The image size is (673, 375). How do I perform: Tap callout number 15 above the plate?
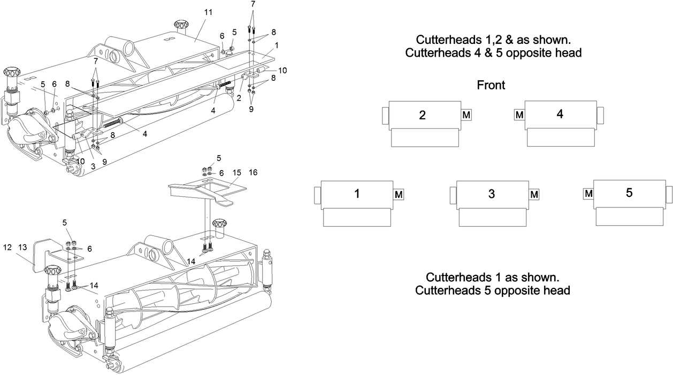coord(237,173)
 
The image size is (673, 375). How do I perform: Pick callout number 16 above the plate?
coord(253,173)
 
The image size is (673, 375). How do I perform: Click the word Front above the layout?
coord(491,85)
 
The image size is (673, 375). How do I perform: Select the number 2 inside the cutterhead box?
coord(422,115)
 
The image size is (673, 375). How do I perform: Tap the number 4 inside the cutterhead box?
coord(560,114)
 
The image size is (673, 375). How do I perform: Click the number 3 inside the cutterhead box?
coord(491,194)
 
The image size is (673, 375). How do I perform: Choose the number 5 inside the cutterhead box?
coord(629,193)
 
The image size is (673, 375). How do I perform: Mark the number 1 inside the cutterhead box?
coord(356,194)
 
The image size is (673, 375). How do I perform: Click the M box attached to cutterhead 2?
coord(466,115)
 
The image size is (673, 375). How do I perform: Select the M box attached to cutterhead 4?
coord(518,114)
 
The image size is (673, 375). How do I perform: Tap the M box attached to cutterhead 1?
coord(399,195)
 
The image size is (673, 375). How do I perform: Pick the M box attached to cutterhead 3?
coord(534,195)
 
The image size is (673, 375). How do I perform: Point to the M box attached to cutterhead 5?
coord(588,194)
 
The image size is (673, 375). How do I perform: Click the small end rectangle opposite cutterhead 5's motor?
coord(669,194)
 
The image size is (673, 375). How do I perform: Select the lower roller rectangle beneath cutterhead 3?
coord(491,217)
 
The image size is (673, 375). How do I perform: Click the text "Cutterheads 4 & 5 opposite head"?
coord(493,53)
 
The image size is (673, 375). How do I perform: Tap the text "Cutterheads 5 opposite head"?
coord(492,290)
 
